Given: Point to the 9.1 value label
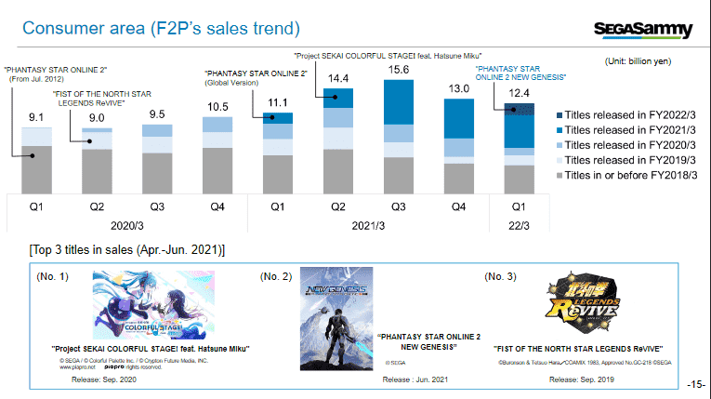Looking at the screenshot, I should tap(36, 117).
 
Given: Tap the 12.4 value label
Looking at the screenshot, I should tap(519, 93).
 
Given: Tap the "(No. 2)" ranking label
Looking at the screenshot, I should tap(276, 276).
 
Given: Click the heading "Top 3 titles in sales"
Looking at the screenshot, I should tap(125, 250).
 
